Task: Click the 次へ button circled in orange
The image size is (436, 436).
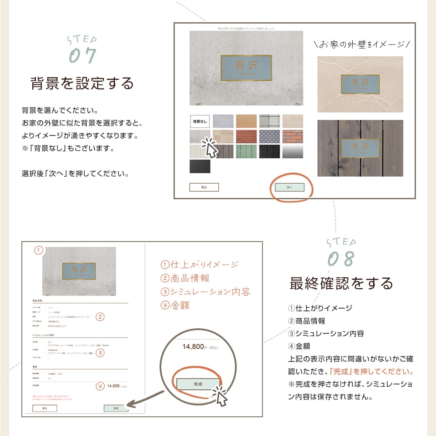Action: click(x=290, y=187)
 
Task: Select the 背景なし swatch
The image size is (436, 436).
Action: click(x=200, y=121)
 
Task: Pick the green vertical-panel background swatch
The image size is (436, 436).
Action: click(x=246, y=151)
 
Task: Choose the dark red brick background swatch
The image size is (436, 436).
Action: click(x=246, y=136)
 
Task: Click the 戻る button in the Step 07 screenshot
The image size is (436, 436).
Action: click(x=204, y=187)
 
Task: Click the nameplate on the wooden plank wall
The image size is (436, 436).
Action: click(x=360, y=148)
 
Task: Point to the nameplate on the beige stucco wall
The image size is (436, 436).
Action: click(x=360, y=84)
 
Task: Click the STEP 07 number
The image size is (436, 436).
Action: click(x=82, y=56)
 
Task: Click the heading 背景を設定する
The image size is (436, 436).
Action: click(x=82, y=83)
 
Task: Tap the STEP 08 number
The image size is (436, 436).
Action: click(x=341, y=259)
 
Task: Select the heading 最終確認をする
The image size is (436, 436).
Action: click(x=341, y=283)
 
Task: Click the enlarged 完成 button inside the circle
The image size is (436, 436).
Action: click(x=198, y=384)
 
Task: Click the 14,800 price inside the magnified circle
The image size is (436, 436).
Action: click(x=193, y=347)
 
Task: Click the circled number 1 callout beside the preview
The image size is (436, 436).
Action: click(x=39, y=250)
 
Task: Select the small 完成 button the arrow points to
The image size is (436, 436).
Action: click(x=116, y=408)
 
